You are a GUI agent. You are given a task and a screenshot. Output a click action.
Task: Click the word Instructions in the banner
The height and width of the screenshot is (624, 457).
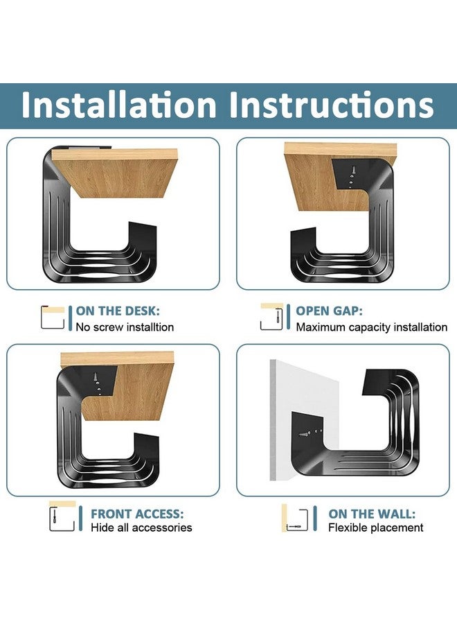click(x=332, y=105)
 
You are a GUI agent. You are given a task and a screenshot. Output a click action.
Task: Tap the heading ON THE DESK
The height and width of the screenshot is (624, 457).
click(x=122, y=311)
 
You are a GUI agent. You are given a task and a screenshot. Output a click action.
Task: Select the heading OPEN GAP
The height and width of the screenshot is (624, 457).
click(x=329, y=311)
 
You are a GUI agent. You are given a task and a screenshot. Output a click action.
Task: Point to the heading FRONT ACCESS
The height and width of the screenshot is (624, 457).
click(x=137, y=514)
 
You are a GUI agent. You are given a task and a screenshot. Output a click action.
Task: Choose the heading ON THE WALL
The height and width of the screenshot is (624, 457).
click(x=372, y=514)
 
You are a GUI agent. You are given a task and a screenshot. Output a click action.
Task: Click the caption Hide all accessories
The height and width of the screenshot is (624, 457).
click(x=141, y=528)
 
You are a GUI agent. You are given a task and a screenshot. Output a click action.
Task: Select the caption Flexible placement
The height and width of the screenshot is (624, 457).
click(x=375, y=528)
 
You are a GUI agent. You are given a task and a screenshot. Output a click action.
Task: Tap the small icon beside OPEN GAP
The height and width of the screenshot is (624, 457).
click(x=271, y=317)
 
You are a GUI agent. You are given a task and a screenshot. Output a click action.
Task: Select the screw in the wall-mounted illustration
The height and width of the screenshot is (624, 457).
click(x=305, y=434)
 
